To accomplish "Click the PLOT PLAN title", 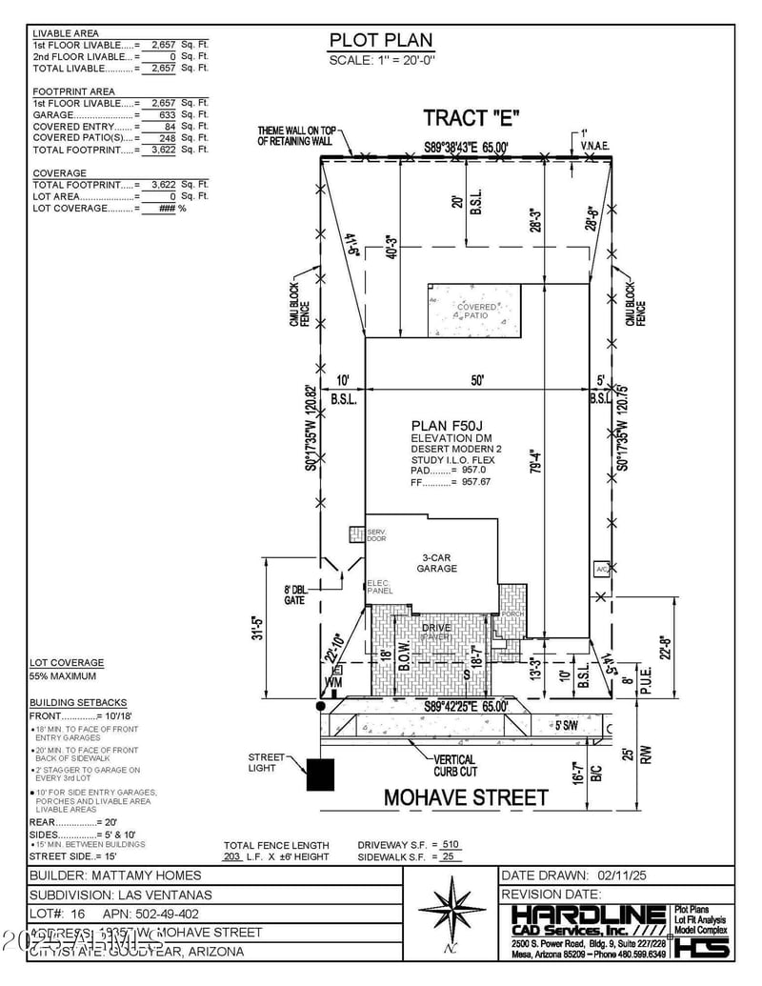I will tap(381, 40).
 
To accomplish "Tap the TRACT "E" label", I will tap(471, 118).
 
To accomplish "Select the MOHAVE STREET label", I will tap(466, 797).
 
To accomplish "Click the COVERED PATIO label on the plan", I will tap(476, 311).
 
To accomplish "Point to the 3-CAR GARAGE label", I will tap(437, 563).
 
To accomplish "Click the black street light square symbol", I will tap(320, 775).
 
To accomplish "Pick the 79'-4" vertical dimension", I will tap(535, 493).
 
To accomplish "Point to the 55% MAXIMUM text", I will tap(63, 676).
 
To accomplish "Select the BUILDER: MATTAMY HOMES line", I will tap(116, 875).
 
